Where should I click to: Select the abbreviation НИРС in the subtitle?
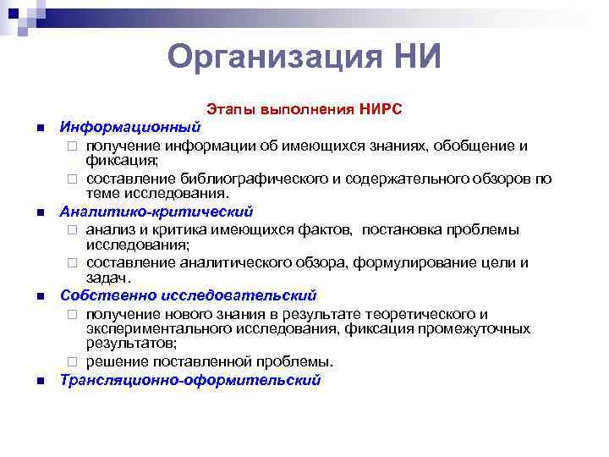[x=381, y=110]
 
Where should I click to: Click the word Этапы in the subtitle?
[x=229, y=110]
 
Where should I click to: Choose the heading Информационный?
[x=129, y=127]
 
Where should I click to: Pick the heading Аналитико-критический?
[x=156, y=212]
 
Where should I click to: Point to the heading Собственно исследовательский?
[x=188, y=295]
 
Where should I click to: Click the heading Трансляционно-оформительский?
[x=190, y=380]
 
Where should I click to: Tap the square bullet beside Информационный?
[x=39, y=128]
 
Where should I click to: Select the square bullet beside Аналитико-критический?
[x=39, y=212]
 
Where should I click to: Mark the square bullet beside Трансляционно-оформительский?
[x=39, y=381]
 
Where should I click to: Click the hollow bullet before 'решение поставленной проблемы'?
[x=74, y=362]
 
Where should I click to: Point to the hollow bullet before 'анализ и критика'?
[x=74, y=229]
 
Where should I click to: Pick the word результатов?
[x=129, y=344]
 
